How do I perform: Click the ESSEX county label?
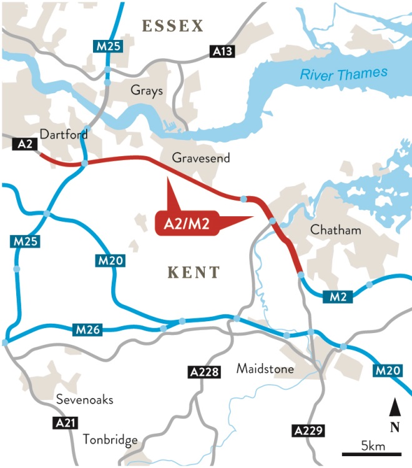point(173,26)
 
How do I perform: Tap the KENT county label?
point(194,272)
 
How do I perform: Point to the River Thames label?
point(343,74)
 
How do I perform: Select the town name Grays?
point(147,91)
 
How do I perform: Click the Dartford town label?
point(63,134)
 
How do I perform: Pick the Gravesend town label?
point(201,158)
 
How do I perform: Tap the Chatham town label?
point(335,230)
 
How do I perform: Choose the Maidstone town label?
point(265,369)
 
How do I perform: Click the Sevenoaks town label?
point(85,399)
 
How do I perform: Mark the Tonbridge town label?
point(110,440)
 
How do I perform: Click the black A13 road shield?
point(222,52)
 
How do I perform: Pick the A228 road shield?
point(204,373)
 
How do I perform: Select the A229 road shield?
point(307,431)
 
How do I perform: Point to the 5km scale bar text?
point(373,446)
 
